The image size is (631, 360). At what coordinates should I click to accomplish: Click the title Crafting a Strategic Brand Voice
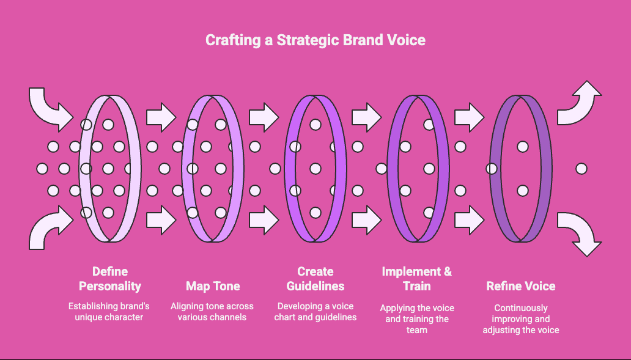(315, 40)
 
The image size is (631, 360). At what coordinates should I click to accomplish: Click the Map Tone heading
(213, 285)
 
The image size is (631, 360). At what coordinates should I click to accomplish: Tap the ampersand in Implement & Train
(446, 271)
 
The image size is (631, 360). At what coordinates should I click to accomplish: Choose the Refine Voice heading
(521, 285)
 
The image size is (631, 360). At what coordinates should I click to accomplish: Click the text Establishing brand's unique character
(109, 311)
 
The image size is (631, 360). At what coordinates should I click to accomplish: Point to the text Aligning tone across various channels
(212, 311)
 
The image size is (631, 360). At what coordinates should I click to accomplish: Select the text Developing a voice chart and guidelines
(315, 311)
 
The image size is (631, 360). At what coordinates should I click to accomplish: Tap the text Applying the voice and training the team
(417, 318)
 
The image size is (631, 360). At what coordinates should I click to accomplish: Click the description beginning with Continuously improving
(521, 319)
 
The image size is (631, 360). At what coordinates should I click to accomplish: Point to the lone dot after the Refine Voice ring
(581, 169)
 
